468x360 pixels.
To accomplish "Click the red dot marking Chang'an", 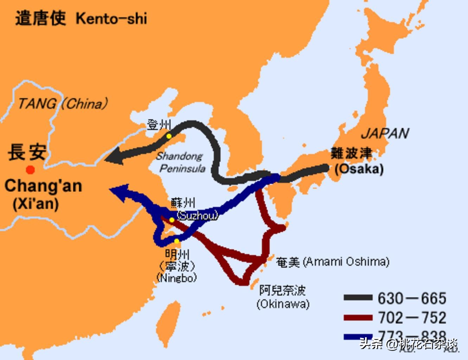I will point(31,170).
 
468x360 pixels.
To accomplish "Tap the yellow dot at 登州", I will point(169,136).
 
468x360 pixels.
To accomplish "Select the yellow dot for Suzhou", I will point(172,220).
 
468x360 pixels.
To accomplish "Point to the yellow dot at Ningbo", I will point(177,241).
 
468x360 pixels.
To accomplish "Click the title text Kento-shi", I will point(111,18).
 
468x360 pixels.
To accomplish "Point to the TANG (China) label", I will point(63,104).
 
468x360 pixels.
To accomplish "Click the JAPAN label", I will point(385,133).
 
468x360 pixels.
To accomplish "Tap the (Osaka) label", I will point(359,169).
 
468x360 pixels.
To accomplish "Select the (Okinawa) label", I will point(283,304).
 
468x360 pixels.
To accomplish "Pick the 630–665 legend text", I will point(412,298).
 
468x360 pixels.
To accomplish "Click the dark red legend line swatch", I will point(358,317).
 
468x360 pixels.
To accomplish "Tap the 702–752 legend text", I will point(412,318).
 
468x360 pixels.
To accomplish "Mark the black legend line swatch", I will point(358,298).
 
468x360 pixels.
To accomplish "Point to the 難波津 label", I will point(351,154).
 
